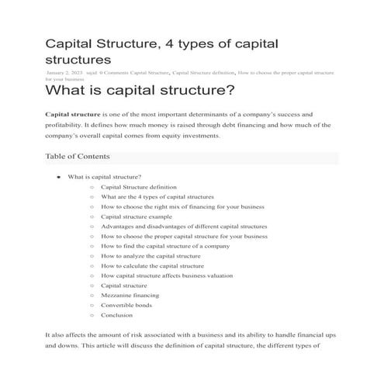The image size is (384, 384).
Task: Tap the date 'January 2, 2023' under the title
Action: pyautogui.click(x=66, y=72)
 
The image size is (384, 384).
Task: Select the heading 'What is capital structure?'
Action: pyautogui.click(x=140, y=92)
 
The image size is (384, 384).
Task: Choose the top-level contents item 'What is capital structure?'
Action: pyautogui.click(x=105, y=177)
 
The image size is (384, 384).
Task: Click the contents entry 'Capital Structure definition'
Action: pyautogui.click(x=139, y=187)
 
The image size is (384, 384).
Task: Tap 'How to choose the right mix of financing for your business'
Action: pyautogui.click(x=183, y=207)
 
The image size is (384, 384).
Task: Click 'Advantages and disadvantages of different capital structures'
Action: pyautogui.click(x=184, y=227)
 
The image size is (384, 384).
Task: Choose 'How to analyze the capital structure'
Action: pyautogui.click(x=151, y=256)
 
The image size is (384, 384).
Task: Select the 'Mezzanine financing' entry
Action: pyautogui.click(x=130, y=296)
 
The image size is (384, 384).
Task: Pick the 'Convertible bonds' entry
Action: pyautogui.click(x=126, y=305)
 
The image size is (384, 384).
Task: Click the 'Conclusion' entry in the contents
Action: pyautogui.click(x=117, y=315)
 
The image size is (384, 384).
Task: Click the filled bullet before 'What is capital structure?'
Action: pyautogui.click(x=59, y=177)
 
